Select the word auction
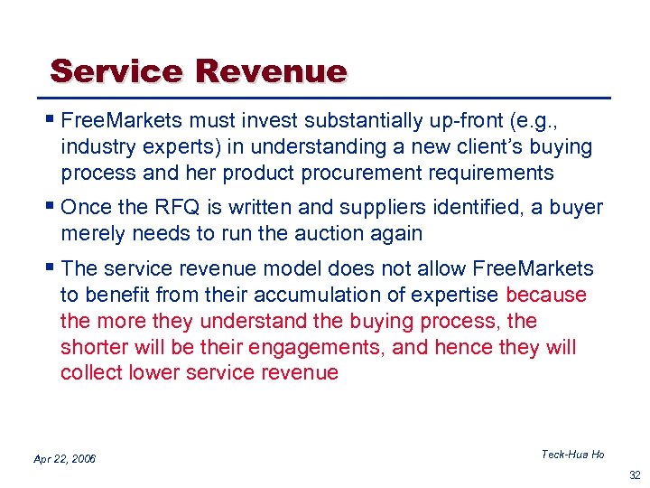pos(332,233)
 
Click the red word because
pos(547,295)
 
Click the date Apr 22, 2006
pos(64,459)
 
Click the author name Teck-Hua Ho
pos(572,454)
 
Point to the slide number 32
pos(633,474)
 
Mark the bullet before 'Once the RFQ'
pos(51,207)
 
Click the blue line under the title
pos(325,97)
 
